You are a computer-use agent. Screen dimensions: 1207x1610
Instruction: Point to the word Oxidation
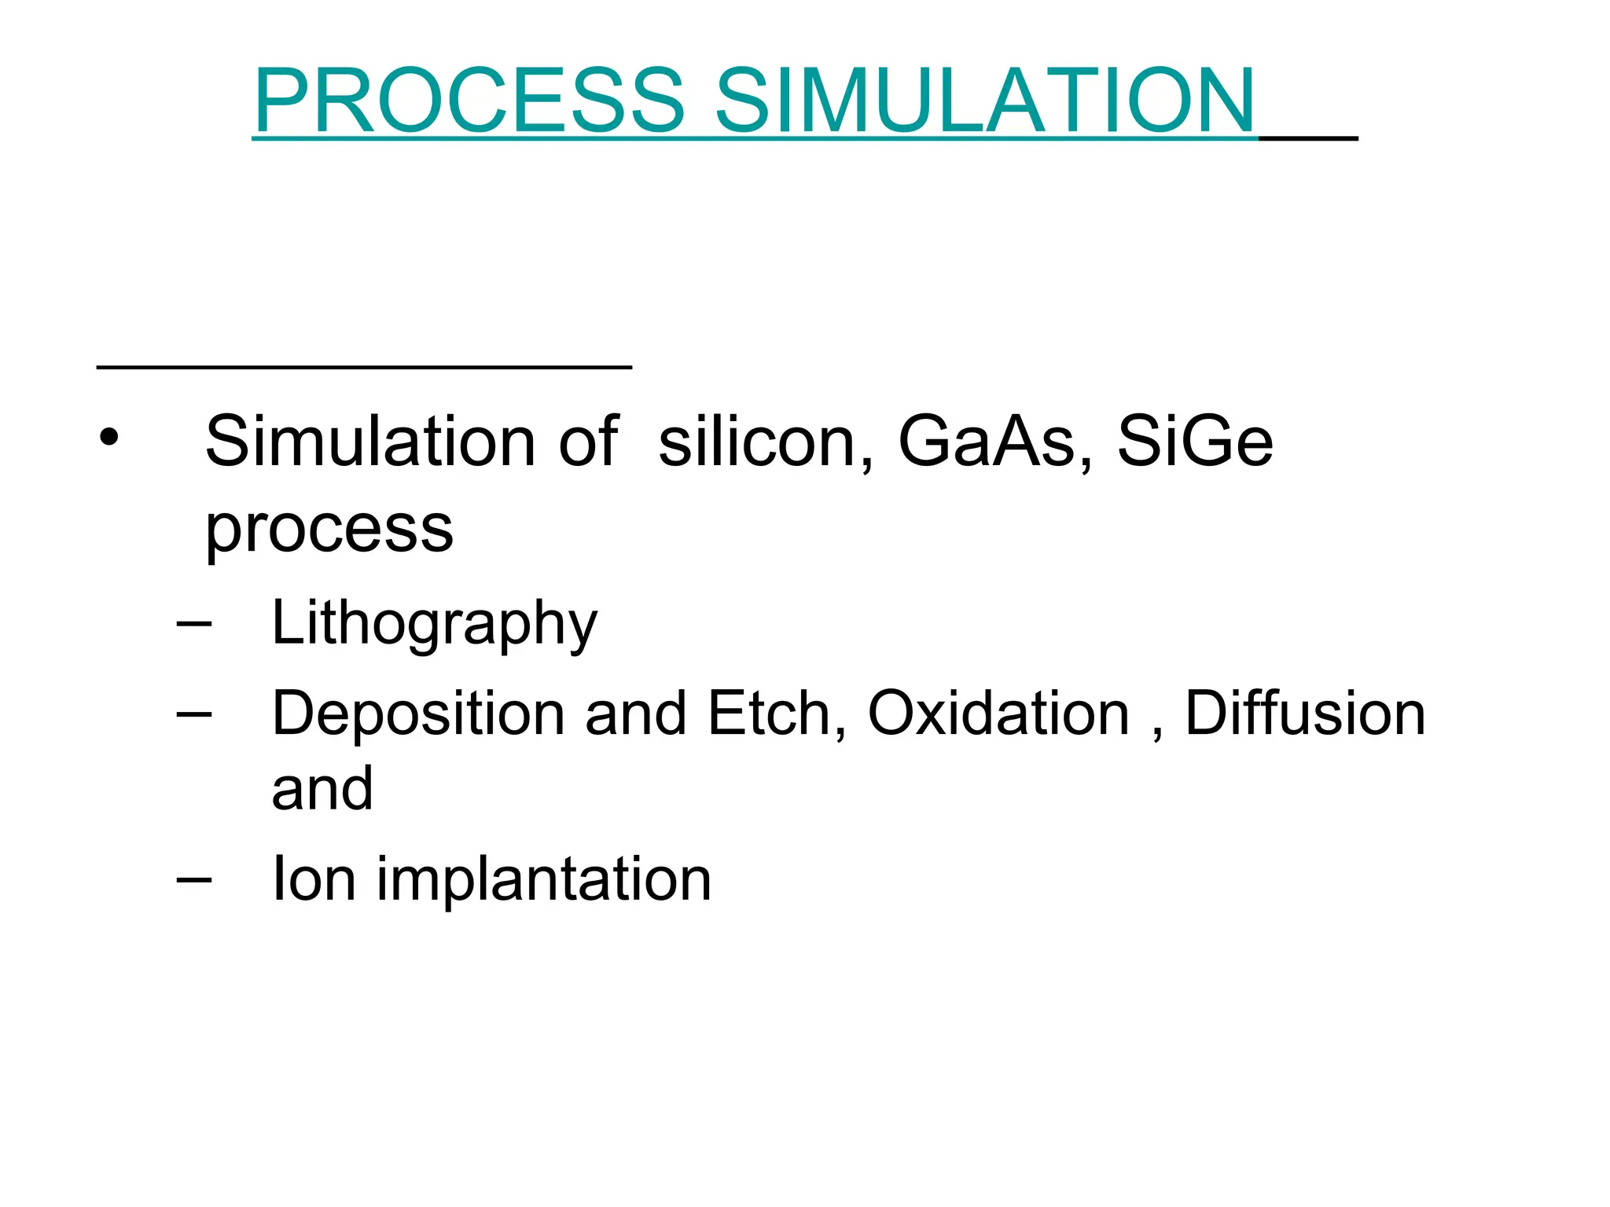(998, 714)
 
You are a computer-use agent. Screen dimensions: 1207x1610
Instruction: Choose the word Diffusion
(1305, 714)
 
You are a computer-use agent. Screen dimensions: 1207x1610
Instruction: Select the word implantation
(544, 880)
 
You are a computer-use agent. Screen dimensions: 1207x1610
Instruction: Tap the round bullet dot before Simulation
(108, 438)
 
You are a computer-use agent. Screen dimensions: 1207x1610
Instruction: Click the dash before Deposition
(194, 714)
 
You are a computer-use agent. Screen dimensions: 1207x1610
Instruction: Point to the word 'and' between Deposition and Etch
(635, 714)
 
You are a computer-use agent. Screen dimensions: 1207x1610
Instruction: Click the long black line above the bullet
(364, 366)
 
